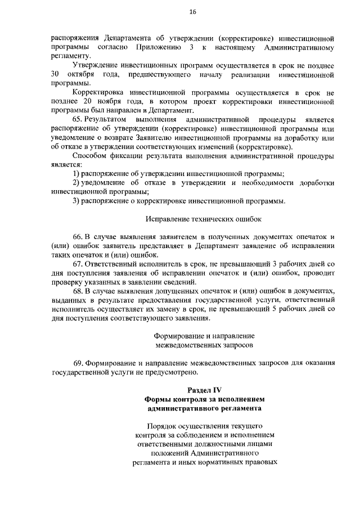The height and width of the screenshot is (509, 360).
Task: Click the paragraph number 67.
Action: (x=78, y=264)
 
